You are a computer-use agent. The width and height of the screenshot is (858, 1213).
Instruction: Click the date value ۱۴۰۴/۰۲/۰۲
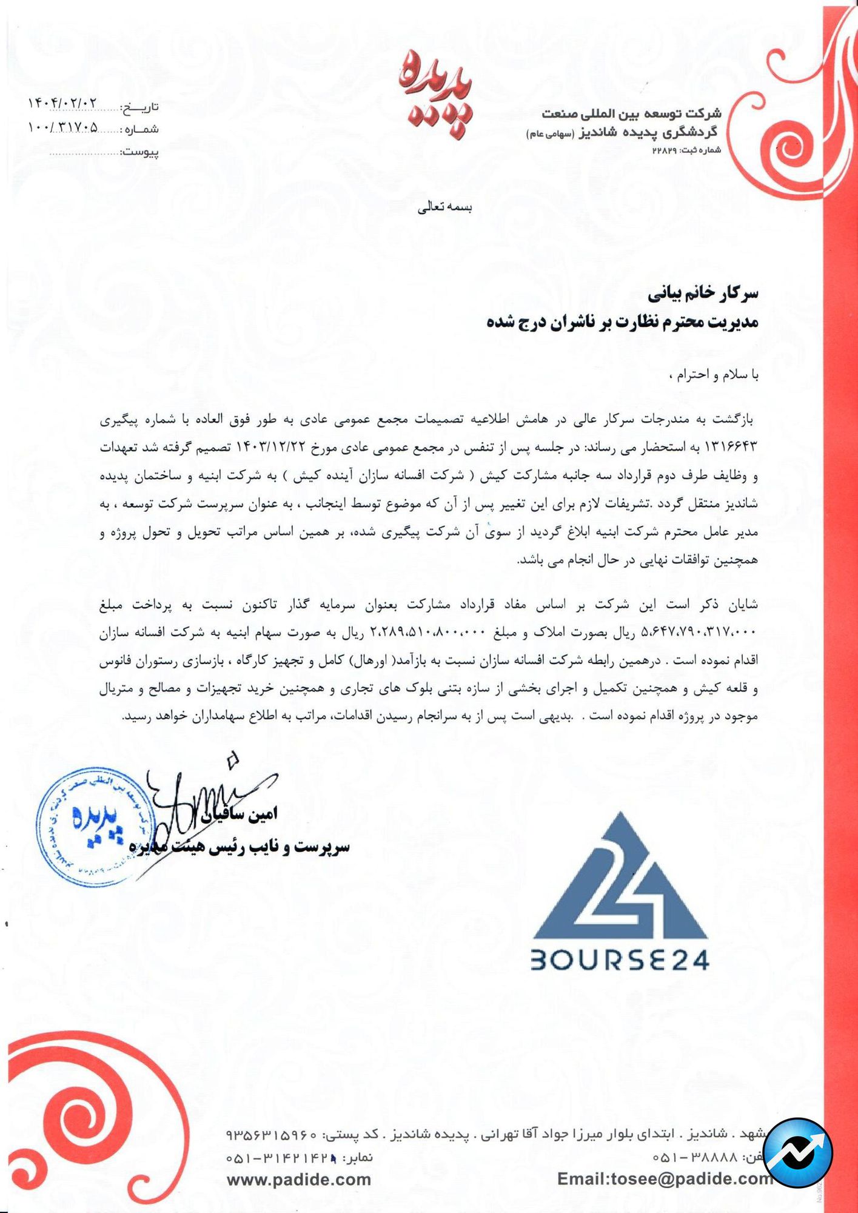coord(62,104)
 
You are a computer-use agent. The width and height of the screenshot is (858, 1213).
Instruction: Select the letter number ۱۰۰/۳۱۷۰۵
coord(62,127)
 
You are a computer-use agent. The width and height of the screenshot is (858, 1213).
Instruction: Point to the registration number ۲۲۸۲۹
coord(664,150)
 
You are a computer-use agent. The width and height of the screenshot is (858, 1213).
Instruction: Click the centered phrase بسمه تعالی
coord(445,207)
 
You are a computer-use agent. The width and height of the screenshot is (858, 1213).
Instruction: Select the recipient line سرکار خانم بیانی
coord(703,295)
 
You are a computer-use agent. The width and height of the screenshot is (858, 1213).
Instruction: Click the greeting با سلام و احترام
coord(713,375)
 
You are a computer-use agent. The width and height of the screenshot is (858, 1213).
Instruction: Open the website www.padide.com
coord(298,1179)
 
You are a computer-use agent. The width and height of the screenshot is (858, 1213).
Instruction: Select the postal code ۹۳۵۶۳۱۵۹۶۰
coord(272,1134)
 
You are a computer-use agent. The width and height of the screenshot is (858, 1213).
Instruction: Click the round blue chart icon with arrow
coord(797,1153)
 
